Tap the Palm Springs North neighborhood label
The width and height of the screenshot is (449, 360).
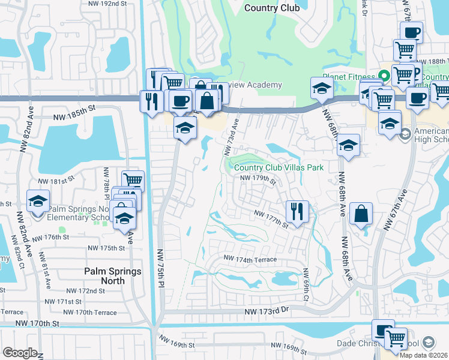point(113,276)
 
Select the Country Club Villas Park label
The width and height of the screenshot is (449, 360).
point(279,168)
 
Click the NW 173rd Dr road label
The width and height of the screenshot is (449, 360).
point(267,312)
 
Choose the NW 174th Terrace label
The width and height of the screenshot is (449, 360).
point(250,259)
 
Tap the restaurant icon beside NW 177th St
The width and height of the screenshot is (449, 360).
point(297,211)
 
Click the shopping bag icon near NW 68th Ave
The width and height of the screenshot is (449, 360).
point(361,214)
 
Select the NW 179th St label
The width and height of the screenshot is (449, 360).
point(258,178)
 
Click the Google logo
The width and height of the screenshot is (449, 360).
point(20,353)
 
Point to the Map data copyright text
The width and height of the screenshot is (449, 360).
point(424,355)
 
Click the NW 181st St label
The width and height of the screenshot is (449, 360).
point(55,179)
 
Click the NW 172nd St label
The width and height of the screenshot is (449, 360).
point(87,290)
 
